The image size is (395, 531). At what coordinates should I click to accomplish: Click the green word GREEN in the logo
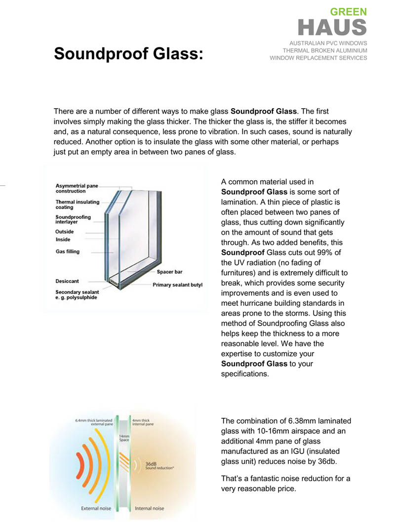(349, 11)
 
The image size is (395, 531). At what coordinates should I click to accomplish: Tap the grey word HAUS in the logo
(333, 28)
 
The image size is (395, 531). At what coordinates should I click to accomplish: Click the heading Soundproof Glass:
(128, 53)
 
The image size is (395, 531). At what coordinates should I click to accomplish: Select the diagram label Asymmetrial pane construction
(77, 188)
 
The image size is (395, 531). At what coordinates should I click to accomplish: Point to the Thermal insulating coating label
(77, 204)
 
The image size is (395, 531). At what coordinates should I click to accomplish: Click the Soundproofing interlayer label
(73, 219)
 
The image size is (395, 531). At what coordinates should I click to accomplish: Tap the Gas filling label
(67, 251)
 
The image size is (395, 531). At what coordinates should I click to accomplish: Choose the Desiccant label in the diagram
(67, 281)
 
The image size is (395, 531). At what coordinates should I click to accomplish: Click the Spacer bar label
(170, 272)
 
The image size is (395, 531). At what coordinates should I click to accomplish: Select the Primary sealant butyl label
(178, 285)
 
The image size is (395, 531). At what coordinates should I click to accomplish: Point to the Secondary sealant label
(77, 295)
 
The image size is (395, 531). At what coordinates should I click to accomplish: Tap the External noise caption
(96, 508)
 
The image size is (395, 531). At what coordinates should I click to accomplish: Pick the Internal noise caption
(150, 508)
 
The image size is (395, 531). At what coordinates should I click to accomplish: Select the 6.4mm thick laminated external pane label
(94, 422)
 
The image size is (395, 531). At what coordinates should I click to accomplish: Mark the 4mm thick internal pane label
(143, 422)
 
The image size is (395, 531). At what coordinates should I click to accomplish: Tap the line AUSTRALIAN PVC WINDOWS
(328, 43)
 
